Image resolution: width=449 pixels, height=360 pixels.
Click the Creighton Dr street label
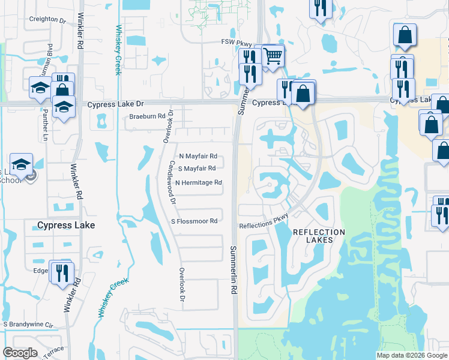(x=47, y=20)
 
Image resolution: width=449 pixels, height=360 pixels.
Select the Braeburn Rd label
(x=147, y=117)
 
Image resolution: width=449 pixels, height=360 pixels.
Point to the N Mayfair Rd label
(x=197, y=157)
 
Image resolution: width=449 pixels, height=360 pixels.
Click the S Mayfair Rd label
(x=196, y=169)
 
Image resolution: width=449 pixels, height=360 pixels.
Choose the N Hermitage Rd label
(x=199, y=182)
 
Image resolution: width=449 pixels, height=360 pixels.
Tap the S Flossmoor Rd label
(x=194, y=221)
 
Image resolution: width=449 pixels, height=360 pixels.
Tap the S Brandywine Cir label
(x=29, y=325)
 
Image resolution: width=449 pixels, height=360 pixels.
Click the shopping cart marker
(x=273, y=55)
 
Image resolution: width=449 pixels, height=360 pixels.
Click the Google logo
(x=20, y=353)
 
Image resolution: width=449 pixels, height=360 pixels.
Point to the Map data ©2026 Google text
(x=411, y=355)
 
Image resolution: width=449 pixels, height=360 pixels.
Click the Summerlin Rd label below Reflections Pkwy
(x=232, y=269)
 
